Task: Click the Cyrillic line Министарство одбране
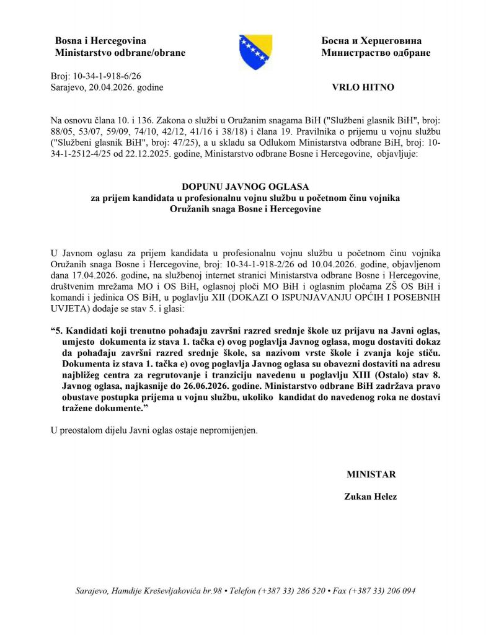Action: click(376, 53)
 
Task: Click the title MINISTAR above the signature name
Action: click(371, 474)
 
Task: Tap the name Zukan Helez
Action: click(371, 496)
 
